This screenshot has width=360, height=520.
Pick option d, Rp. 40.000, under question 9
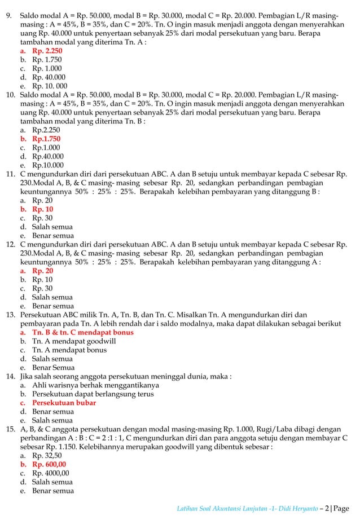click(48, 77)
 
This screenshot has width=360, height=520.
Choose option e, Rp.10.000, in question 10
click(47, 165)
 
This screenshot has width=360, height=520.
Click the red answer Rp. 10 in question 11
click(42, 209)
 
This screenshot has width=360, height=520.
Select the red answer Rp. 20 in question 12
click(42, 271)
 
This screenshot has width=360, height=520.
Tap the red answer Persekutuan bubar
click(64, 403)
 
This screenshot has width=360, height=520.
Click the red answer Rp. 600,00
click(49, 464)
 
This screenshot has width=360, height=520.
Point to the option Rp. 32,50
click(47, 456)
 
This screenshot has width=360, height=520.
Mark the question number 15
click(10, 429)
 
